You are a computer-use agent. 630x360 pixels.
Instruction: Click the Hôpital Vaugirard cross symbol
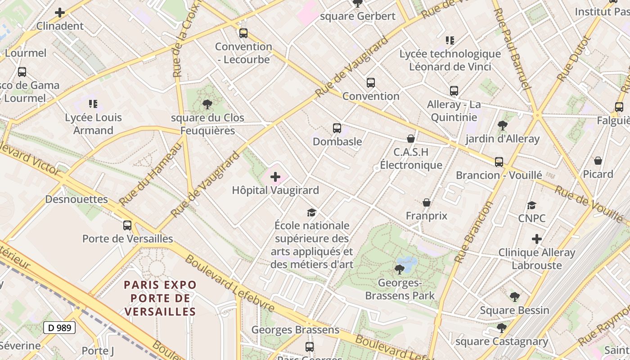click(x=275, y=177)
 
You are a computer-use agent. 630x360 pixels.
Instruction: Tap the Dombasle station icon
click(x=337, y=128)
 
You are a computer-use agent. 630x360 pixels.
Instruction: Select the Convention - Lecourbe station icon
click(x=243, y=33)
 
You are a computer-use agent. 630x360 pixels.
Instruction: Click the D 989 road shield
click(x=59, y=328)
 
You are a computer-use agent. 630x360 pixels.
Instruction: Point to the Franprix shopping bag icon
click(x=426, y=203)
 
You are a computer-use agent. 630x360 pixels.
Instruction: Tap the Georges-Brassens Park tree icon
click(x=399, y=270)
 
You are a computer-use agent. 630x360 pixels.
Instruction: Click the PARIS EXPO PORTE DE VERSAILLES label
click(x=160, y=298)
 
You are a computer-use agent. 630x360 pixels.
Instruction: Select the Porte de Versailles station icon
click(x=127, y=225)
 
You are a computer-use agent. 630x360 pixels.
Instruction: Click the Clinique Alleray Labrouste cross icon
click(x=536, y=239)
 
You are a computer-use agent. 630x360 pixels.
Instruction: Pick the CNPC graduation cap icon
click(x=531, y=206)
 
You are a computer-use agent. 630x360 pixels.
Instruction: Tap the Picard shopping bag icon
click(x=598, y=161)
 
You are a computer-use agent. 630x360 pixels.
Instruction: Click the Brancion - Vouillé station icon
click(x=499, y=162)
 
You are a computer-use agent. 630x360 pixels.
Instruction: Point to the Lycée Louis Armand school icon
click(x=93, y=104)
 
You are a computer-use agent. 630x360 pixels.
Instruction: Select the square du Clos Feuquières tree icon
click(x=207, y=105)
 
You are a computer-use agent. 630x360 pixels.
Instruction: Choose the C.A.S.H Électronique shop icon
click(x=410, y=139)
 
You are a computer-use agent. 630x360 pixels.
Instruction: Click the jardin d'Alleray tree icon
click(x=502, y=126)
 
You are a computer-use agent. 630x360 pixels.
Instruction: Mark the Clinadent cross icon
click(x=60, y=13)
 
